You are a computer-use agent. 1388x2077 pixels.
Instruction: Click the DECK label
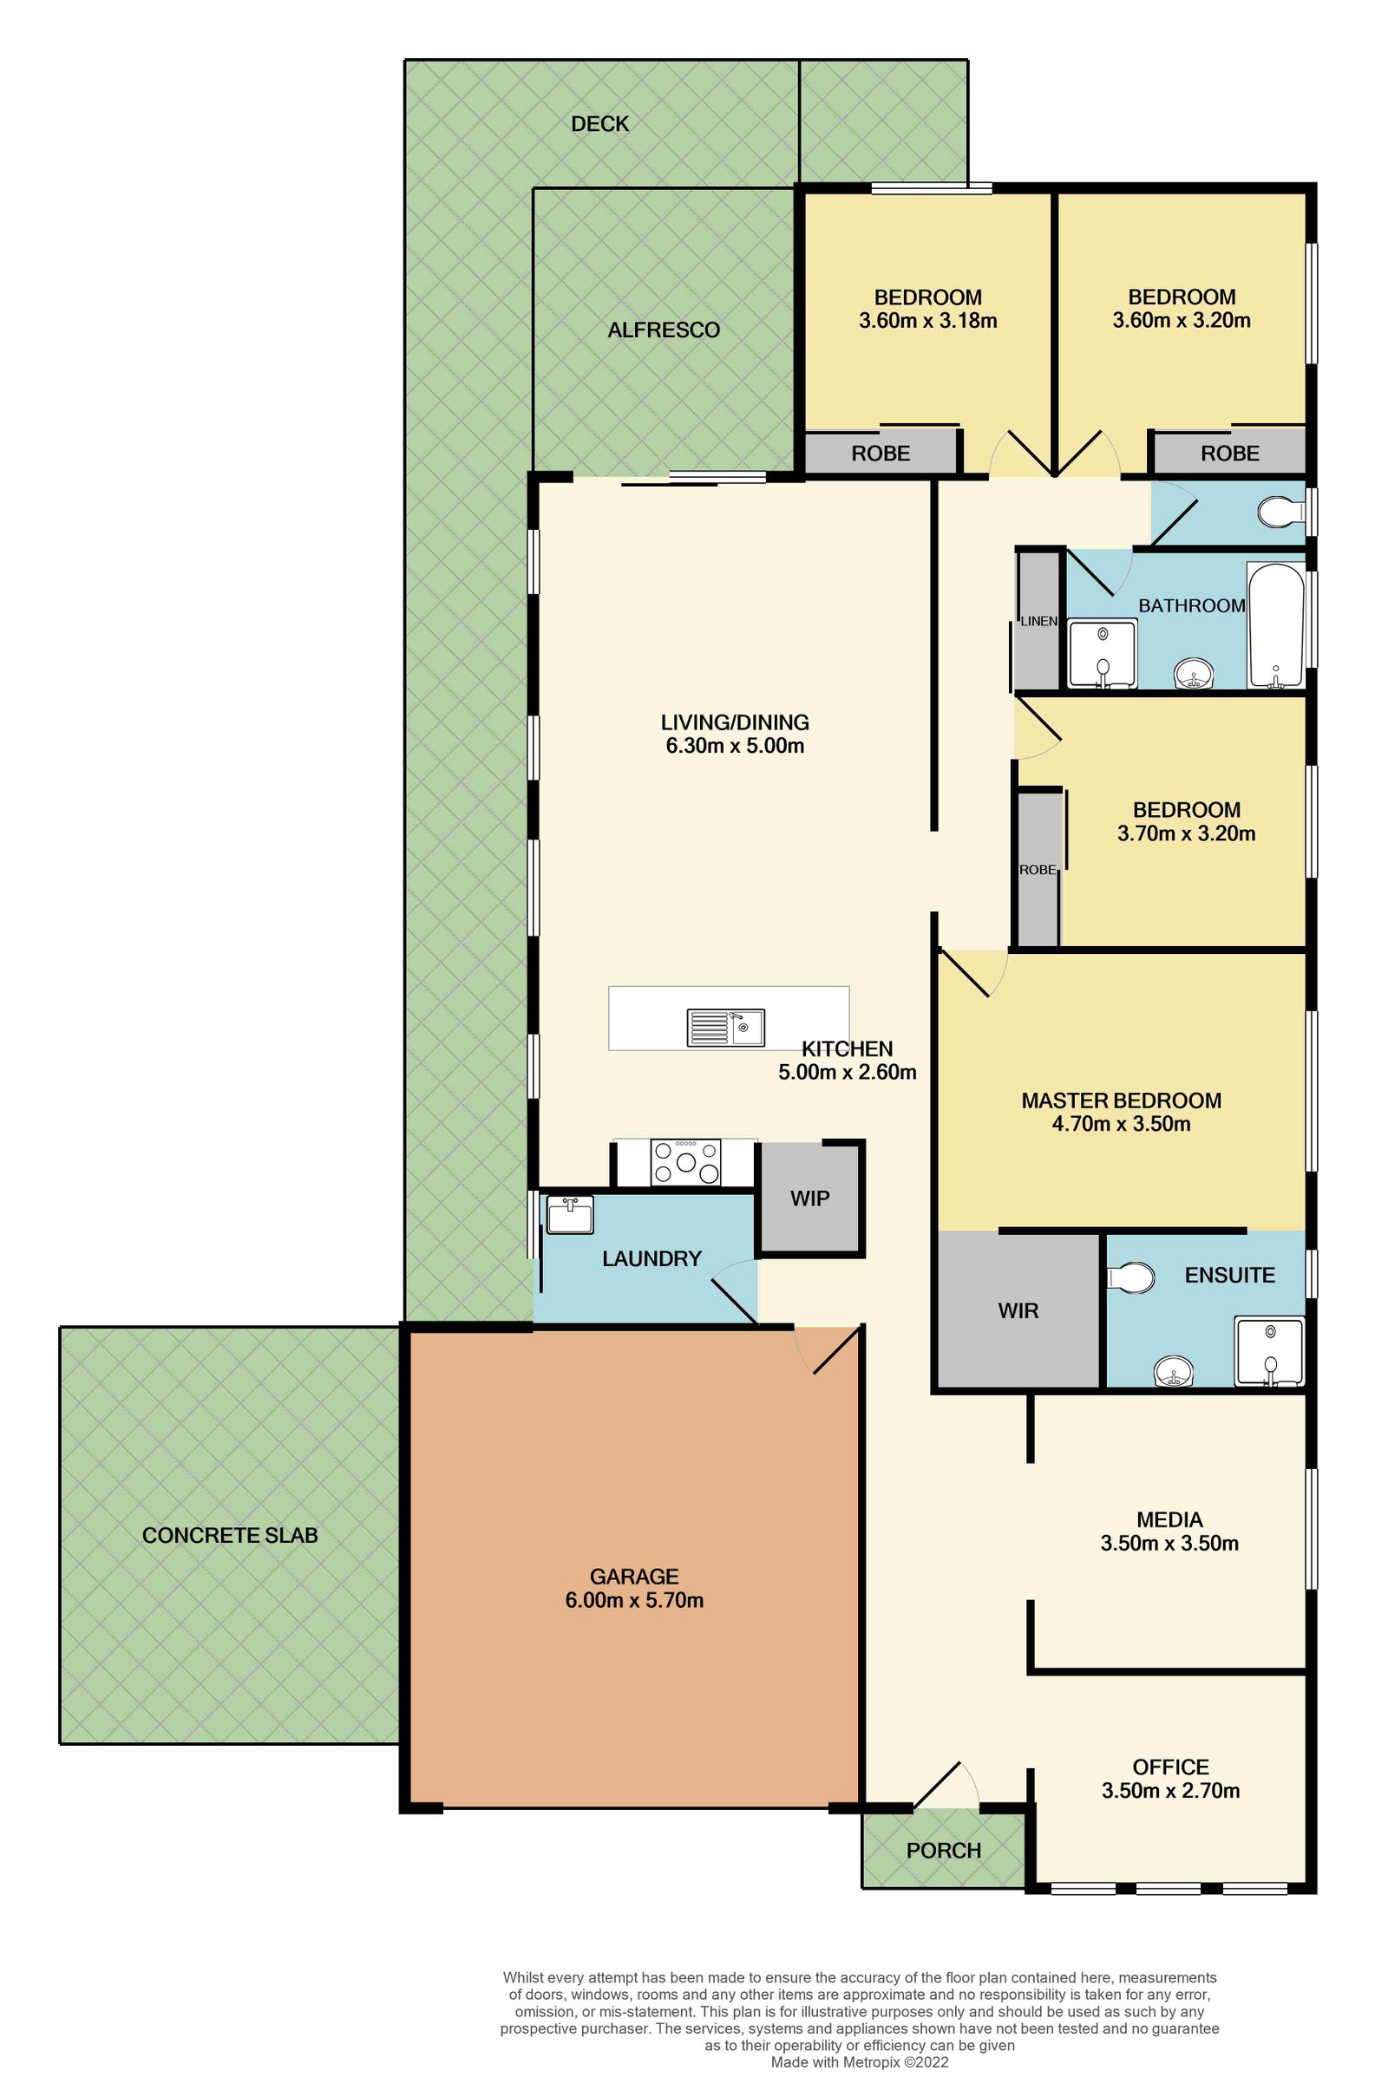tap(599, 124)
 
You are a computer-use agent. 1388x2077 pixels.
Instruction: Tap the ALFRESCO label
tap(663, 330)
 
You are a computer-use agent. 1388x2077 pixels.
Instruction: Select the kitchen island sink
tap(726, 1028)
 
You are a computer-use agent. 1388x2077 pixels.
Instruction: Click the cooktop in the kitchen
tap(685, 1162)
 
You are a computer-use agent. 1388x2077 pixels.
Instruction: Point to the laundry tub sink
tap(569, 1214)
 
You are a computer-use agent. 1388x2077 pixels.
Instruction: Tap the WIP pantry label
tap(809, 1199)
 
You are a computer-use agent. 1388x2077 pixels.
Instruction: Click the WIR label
tap(1018, 1310)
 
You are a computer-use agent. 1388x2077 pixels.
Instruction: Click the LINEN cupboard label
tap(1038, 621)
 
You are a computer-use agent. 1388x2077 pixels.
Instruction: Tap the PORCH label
tap(944, 1851)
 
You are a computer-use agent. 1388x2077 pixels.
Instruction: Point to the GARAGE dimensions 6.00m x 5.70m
tap(634, 1600)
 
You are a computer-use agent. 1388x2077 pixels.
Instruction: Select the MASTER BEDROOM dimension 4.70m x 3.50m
tap(1121, 1124)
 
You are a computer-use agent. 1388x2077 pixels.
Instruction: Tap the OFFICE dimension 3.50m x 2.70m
tap(1170, 1790)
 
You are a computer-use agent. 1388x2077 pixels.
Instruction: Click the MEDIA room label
tap(1169, 1519)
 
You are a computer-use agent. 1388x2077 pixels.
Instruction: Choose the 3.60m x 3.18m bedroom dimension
tap(927, 320)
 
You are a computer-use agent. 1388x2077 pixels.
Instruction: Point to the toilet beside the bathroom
tap(1280, 512)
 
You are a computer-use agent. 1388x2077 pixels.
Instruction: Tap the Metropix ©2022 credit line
tap(860, 2062)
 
